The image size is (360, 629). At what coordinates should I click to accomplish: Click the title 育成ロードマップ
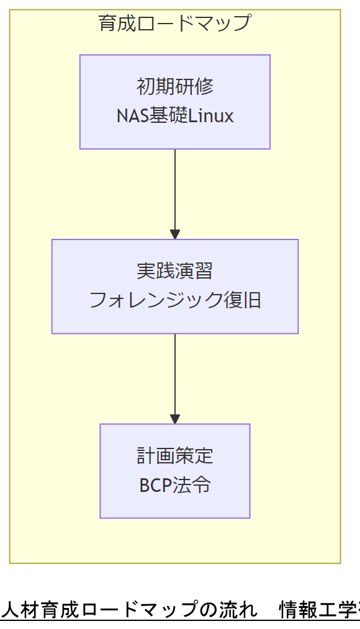point(174,24)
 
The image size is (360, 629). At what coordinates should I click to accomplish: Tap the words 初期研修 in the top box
point(174,87)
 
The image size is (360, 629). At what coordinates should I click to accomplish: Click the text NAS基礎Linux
point(174,116)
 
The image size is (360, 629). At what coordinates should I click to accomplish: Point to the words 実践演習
point(174,271)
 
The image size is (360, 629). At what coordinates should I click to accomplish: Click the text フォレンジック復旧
point(174,300)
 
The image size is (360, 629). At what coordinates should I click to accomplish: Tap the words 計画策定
point(174,456)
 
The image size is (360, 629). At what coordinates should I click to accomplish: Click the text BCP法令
point(174,485)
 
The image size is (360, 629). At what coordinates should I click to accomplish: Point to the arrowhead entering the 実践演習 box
point(175,234)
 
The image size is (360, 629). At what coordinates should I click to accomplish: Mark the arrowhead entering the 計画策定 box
point(175,419)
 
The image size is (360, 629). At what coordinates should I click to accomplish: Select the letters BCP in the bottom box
point(154,485)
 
